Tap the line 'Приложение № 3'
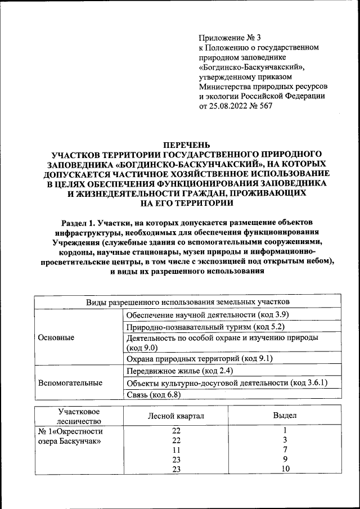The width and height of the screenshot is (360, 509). [230, 38]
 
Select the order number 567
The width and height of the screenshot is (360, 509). [265, 106]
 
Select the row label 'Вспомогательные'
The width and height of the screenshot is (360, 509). [70, 383]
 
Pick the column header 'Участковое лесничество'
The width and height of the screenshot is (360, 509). [78, 416]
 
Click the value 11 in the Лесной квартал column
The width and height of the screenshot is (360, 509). [176, 450]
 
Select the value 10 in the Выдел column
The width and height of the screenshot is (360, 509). [285, 469]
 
